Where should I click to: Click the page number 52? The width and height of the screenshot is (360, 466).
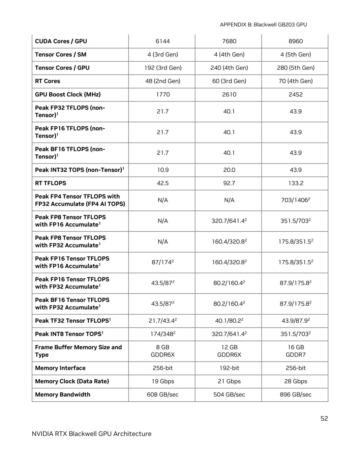[x=324, y=418]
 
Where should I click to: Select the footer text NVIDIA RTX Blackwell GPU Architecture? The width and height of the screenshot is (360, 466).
[x=91, y=434]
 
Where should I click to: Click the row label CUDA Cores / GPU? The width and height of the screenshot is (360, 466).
[x=61, y=41]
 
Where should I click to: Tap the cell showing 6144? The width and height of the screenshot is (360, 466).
[x=162, y=41]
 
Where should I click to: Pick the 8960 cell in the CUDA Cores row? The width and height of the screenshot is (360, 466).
[x=295, y=41]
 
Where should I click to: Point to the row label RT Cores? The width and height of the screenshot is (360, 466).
[x=48, y=81]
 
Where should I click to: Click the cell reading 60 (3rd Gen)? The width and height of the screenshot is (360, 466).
[x=229, y=81]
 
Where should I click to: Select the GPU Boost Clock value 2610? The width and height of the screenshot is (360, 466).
[x=229, y=94]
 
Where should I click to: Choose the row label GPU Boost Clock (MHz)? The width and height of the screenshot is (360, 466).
[x=68, y=94]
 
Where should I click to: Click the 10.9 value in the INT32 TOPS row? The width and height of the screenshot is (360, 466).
[x=162, y=170]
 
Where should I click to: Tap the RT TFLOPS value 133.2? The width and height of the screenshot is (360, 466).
[x=295, y=183]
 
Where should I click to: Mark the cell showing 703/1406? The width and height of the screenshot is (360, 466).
[x=295, y=200]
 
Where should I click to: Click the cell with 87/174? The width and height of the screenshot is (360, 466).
[x=162, y=262]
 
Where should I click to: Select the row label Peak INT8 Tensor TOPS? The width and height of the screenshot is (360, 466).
[x=69, y=334]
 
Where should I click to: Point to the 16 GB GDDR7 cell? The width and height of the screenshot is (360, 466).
[x=295, y=351]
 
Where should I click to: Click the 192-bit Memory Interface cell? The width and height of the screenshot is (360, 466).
[x=229, y=368]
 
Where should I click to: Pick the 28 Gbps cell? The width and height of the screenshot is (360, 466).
[x=295, y=381]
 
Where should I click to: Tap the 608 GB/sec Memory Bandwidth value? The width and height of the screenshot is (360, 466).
[x=162, y=395]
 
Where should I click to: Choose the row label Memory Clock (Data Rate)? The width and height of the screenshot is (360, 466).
[x=72, y=381]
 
